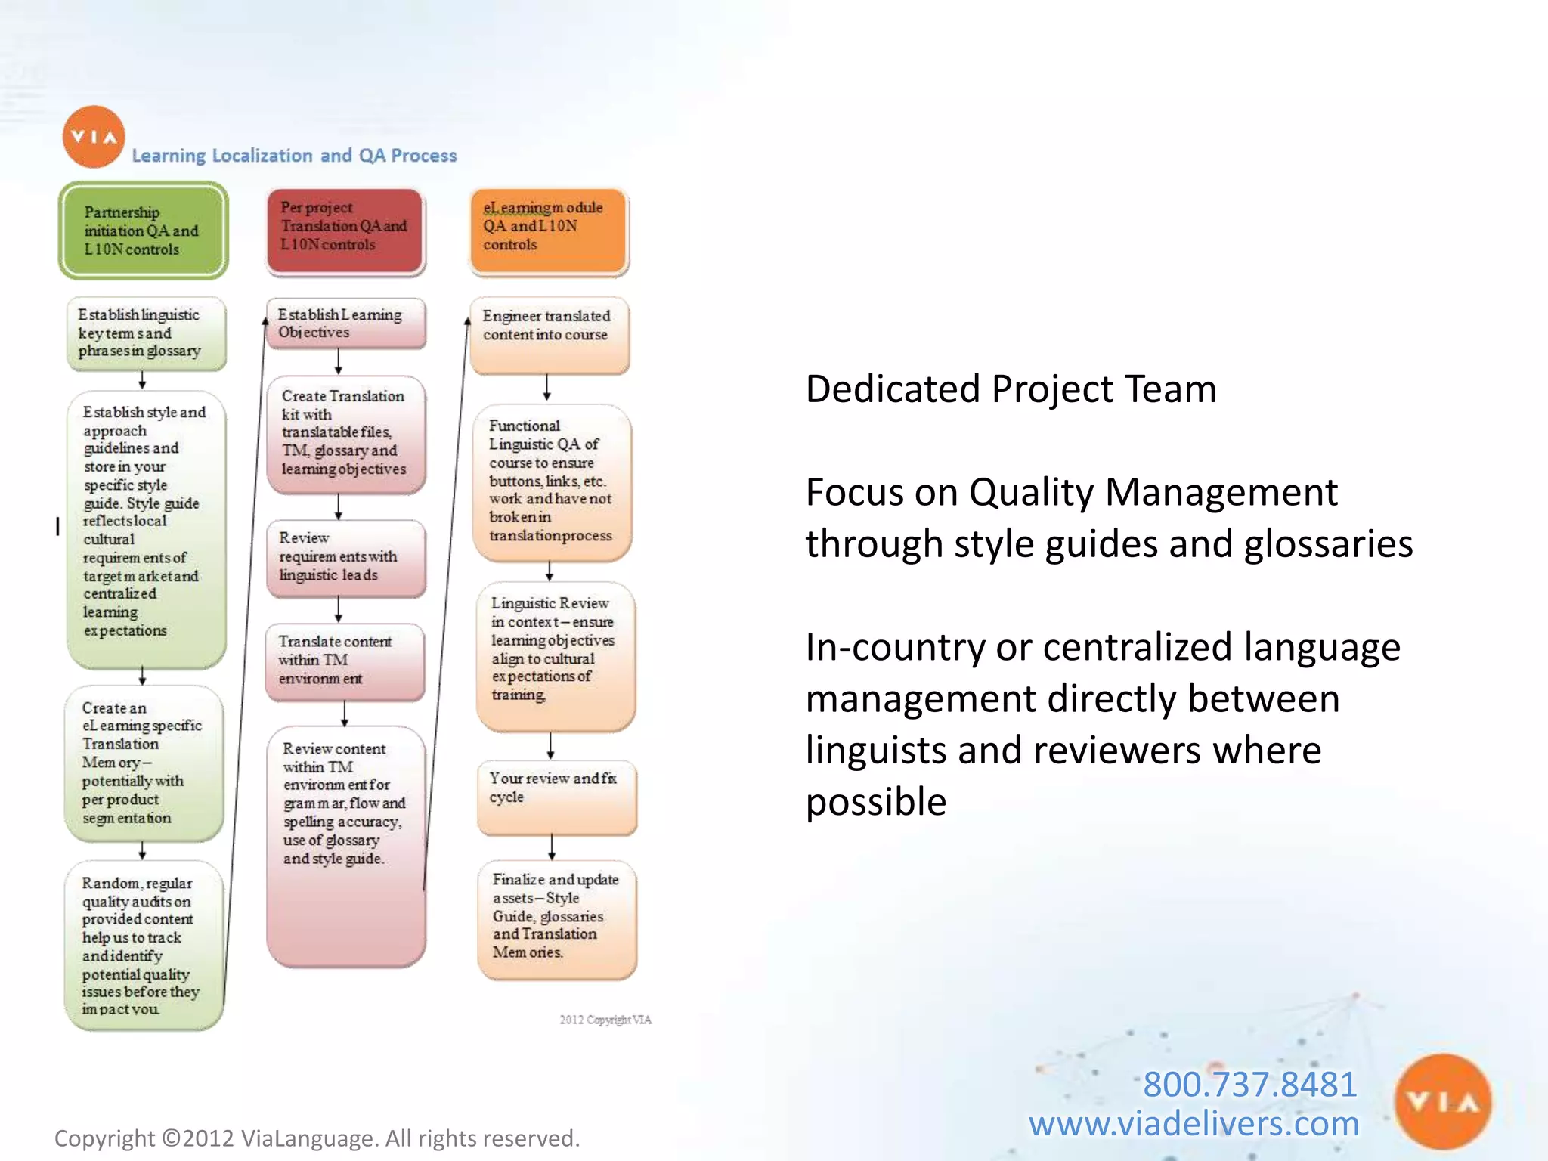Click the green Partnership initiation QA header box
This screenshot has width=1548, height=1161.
143,231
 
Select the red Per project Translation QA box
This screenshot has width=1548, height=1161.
345,231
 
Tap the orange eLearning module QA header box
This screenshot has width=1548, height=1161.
549,231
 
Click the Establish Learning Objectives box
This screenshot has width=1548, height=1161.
345,324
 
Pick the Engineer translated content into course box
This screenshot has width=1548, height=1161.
549,335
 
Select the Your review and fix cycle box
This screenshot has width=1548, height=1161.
556,797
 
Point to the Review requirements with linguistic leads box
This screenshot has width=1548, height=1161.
345,558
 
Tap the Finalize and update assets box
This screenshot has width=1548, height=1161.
557,919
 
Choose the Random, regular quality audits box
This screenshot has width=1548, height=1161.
144,945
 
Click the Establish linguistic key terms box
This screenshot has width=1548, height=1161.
146,333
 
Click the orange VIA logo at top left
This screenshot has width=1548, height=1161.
94,137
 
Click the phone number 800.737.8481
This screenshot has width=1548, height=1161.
1249,1084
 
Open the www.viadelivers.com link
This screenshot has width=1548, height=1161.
1194,1124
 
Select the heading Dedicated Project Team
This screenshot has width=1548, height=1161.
1011,389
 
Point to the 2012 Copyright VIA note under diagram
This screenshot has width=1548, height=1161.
605,1020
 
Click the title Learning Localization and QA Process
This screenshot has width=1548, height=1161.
294,156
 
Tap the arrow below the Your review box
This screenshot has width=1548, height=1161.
552,847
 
